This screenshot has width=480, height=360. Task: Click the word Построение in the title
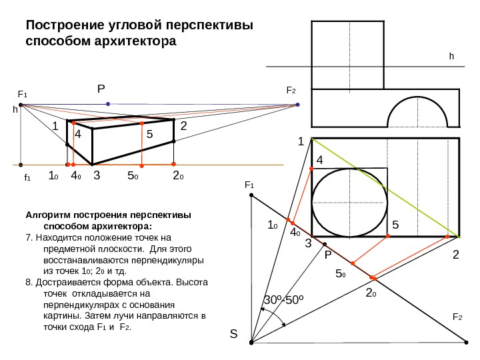click(63, 26)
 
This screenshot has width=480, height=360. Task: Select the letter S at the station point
click(233, 335)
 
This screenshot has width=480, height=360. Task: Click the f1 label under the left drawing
click(27, 179)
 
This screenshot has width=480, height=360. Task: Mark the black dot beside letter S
click(251, 343)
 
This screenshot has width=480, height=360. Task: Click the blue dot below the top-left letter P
click(108, 104)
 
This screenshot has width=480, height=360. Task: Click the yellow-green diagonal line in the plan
click(385, 187)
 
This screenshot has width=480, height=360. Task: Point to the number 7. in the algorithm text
click(28, 237)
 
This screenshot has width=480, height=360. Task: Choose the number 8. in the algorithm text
click(28, 281)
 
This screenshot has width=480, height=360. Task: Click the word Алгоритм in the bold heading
click(46, 215)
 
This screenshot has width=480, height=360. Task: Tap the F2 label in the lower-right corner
click(458, 318)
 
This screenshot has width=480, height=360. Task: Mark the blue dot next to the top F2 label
click(298, 104)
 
